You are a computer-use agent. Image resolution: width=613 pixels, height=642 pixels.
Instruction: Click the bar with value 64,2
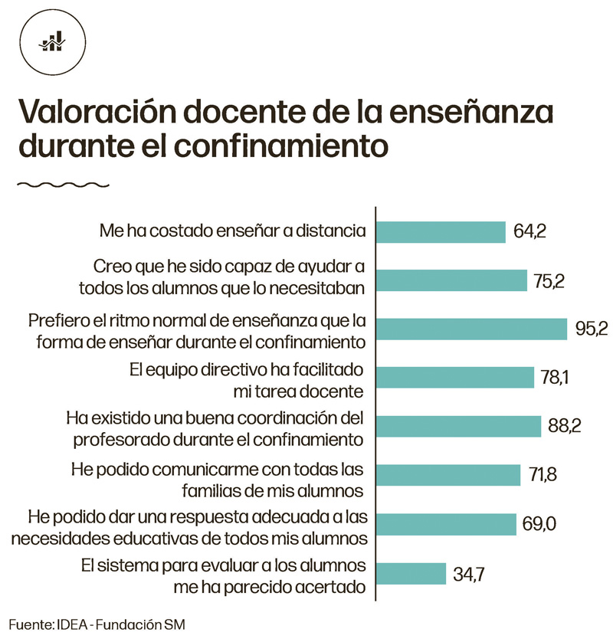441,231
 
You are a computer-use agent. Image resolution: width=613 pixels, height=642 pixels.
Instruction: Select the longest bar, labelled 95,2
470,328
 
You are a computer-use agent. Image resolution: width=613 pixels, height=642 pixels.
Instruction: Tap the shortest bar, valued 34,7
411,573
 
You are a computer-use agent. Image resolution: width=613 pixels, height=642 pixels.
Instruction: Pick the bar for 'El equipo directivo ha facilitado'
454,377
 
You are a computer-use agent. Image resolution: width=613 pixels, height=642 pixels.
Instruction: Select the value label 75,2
549,281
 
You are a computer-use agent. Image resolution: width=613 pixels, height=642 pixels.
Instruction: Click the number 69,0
539,525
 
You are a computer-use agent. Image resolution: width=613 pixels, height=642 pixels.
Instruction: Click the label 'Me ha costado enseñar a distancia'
233,230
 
